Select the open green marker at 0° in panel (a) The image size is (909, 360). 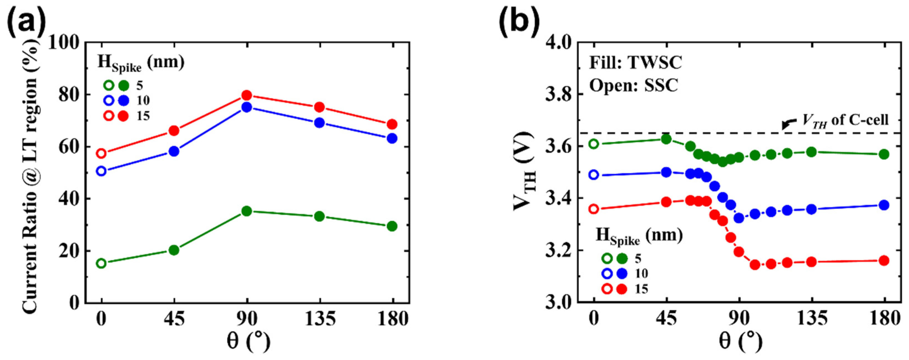(x=101, y=263)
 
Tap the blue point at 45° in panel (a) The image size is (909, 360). (x=174, y=151)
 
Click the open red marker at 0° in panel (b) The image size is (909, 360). (x=594, y=209)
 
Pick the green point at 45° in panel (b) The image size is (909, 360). (x=666, y=139)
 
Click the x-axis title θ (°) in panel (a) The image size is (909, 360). (x=247, y=342)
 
